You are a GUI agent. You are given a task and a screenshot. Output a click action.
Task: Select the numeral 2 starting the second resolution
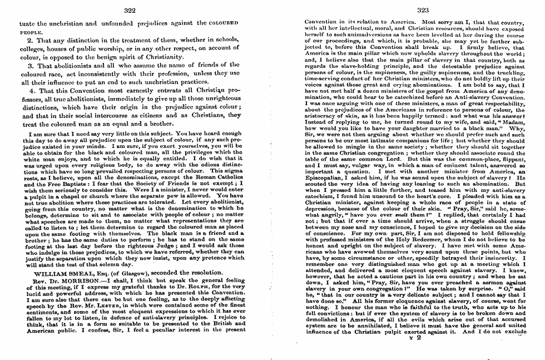click(31, 41)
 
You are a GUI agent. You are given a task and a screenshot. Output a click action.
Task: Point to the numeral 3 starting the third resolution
click(31, 66)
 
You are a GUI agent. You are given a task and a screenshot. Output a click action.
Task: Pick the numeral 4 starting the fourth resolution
click(31, 90)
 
